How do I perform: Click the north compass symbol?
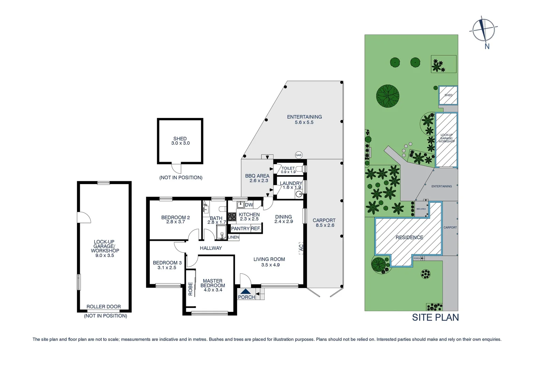coord(484,29)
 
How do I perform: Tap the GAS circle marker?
coord(298,155)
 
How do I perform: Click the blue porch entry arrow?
coord(246,291)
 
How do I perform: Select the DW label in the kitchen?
coord(249,205)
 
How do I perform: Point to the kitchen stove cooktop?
coord(232,217)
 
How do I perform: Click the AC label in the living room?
coord(301,248)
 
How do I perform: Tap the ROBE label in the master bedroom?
coord(190,289)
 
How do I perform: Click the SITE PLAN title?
coord(435,317)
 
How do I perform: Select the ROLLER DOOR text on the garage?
coord(104,307)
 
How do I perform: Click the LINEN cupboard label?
coord(233,237)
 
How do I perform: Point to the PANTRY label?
coord(240,229)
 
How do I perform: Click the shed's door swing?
coord(177,169)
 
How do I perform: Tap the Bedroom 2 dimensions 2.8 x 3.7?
coord(175,222)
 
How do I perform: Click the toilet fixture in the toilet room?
coord(299,169)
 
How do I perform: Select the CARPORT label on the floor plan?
coord(324,220)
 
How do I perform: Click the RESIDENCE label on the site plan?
coord(409,237)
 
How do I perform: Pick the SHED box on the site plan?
coord(448,95)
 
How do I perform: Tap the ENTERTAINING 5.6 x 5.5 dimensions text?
coord(304,122)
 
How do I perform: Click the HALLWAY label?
coord(211,248)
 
